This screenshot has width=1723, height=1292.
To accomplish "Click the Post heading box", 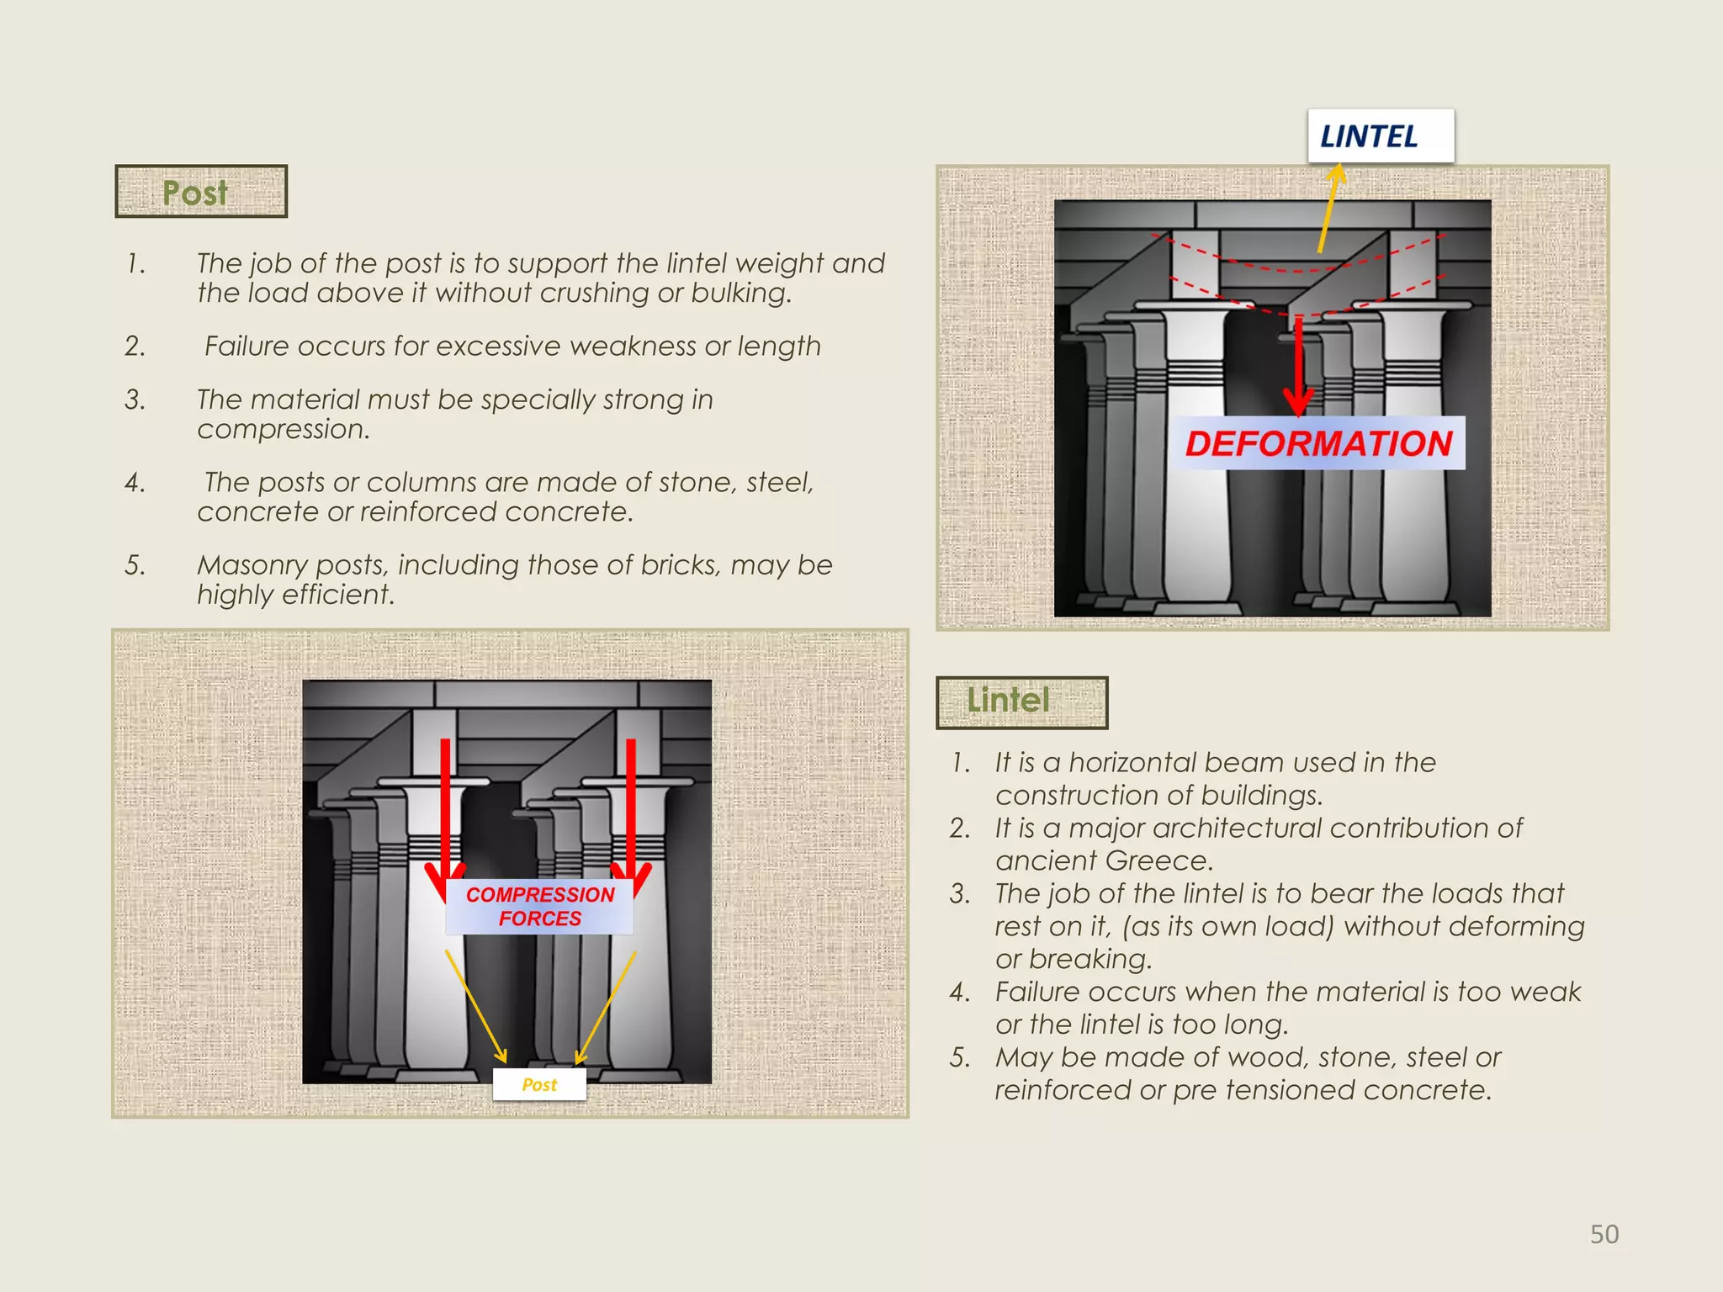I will coord(200,192).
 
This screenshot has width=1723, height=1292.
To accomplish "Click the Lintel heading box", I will coord(1021,702).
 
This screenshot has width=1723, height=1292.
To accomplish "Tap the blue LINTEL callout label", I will coord(1380,136).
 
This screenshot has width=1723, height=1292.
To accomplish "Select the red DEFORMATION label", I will coord(1317,443).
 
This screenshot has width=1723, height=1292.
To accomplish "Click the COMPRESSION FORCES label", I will coord(539,906).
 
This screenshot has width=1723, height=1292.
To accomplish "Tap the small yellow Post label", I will coord(538,1084).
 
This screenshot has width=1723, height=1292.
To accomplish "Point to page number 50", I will coord(1604,1234).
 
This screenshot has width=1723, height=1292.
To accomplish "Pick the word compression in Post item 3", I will coord(282,429).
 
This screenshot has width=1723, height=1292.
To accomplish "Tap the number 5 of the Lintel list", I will coord(960,1057).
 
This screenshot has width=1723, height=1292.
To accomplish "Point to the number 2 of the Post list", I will coord(135,346).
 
